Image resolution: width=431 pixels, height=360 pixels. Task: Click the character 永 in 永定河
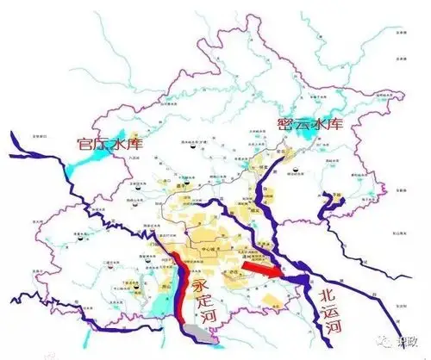200,283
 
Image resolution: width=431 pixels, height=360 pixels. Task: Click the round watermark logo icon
379,341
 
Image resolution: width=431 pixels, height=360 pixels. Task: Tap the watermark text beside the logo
404,341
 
